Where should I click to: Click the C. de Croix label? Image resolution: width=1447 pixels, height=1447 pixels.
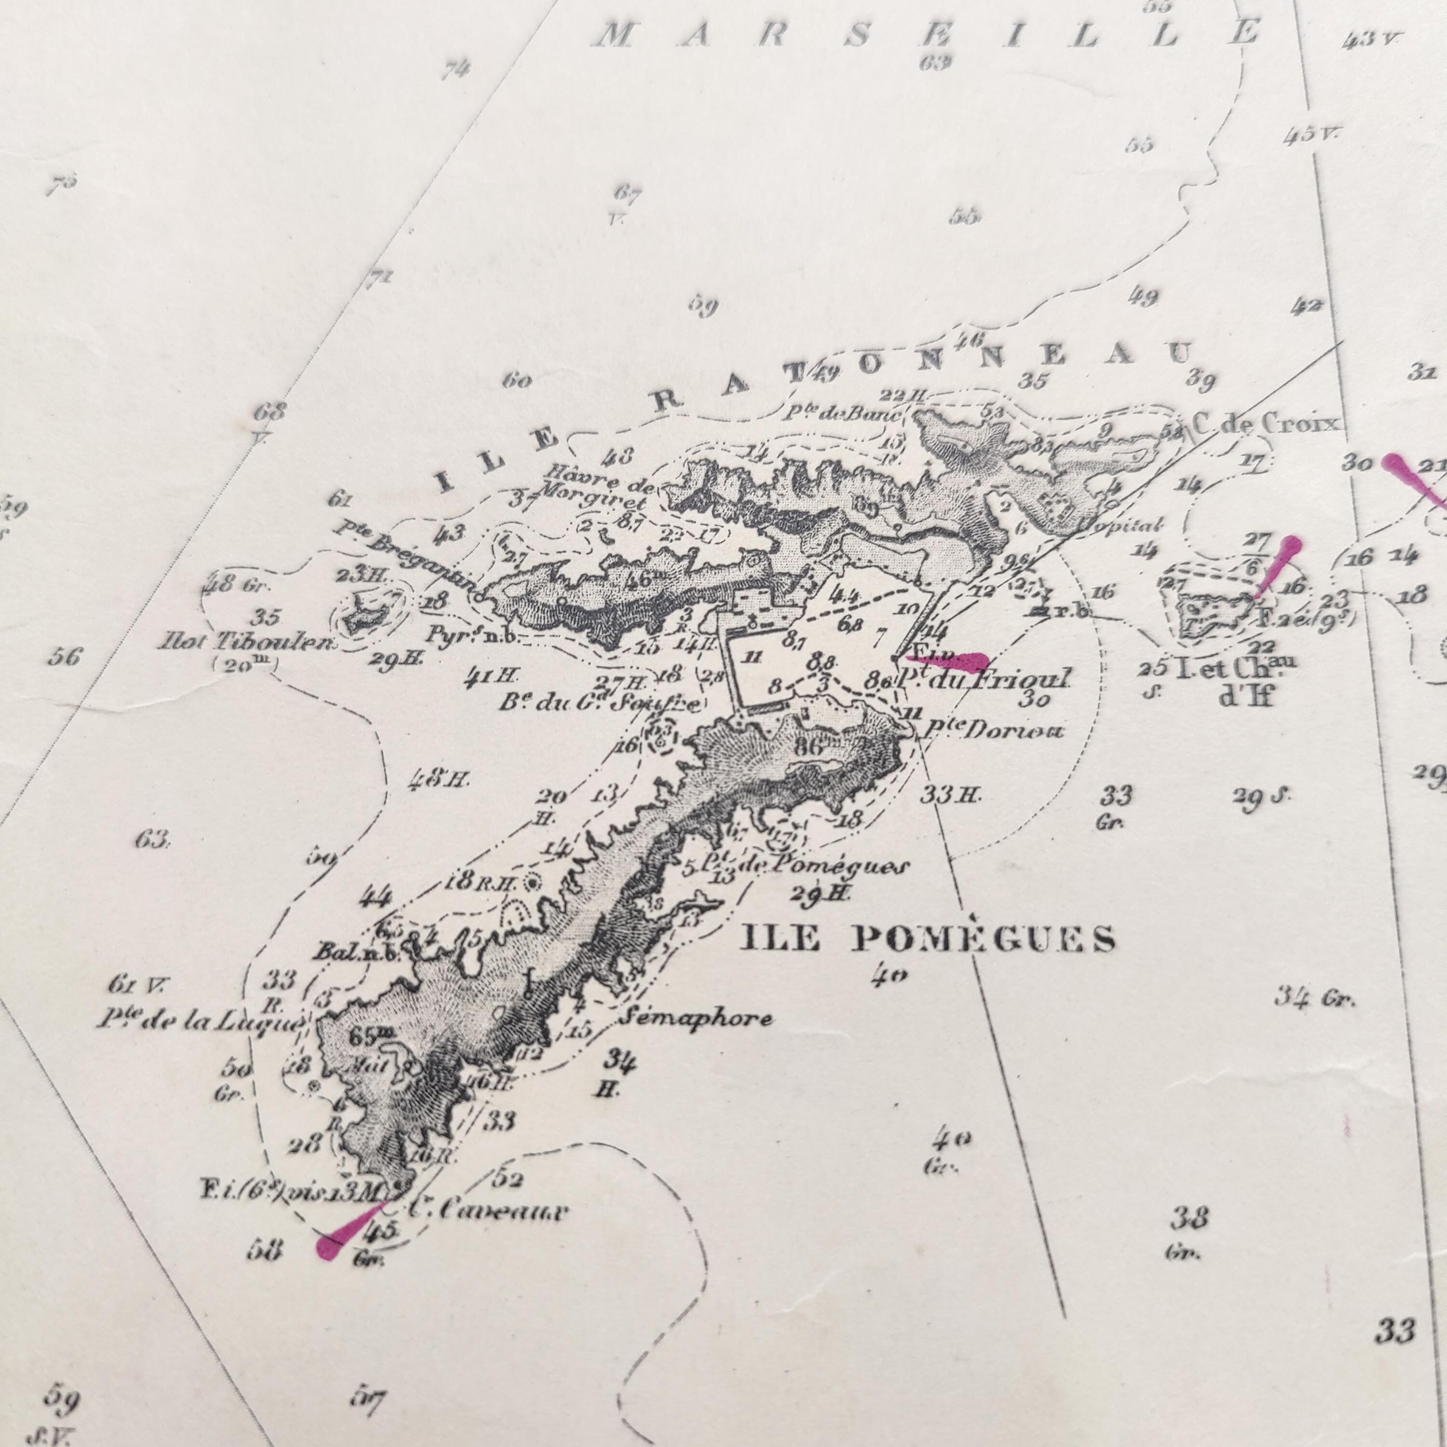[1265, 424]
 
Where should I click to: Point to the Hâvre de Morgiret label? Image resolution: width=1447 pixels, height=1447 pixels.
[597, 481]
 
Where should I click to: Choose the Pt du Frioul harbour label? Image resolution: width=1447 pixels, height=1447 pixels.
[984, 679]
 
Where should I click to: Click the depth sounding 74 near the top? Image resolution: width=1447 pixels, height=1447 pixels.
[455, 69]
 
